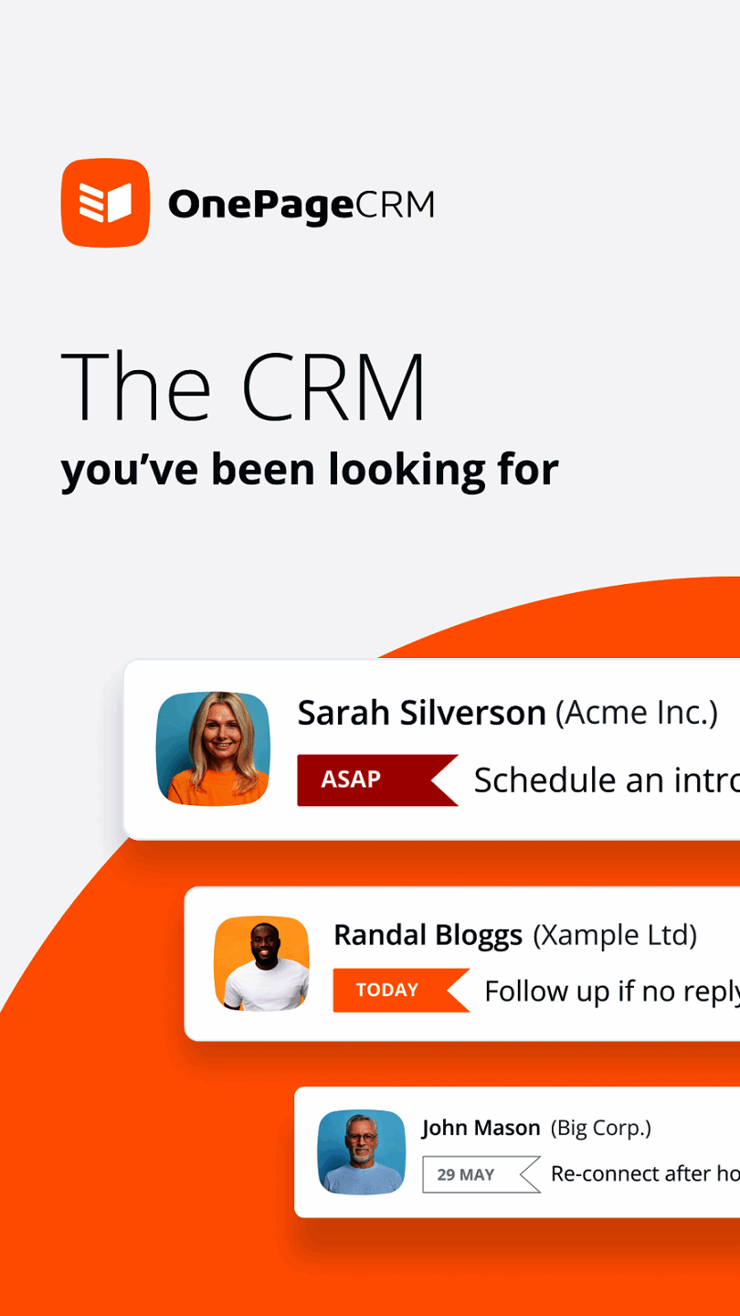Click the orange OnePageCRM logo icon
(x=106, y=203)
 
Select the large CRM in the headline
(x=333, y=387)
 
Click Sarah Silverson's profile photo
(x=213, y=748)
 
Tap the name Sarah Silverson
(x=422, y=713)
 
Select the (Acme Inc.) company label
(x=637, y=713)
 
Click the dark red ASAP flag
(x=377, y=780)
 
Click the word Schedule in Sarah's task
(x=545, y=780)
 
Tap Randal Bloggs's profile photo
(x=262, y=963)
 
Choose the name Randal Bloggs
(x=428, y=935)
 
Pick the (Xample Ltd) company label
(x=615, y=935)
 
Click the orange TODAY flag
(x=402, y=990)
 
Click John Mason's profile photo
(x=362, y=1152)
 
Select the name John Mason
(x=481, y=1128)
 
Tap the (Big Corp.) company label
(x=601, y=1128)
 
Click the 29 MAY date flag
(x=481, y=1174)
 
